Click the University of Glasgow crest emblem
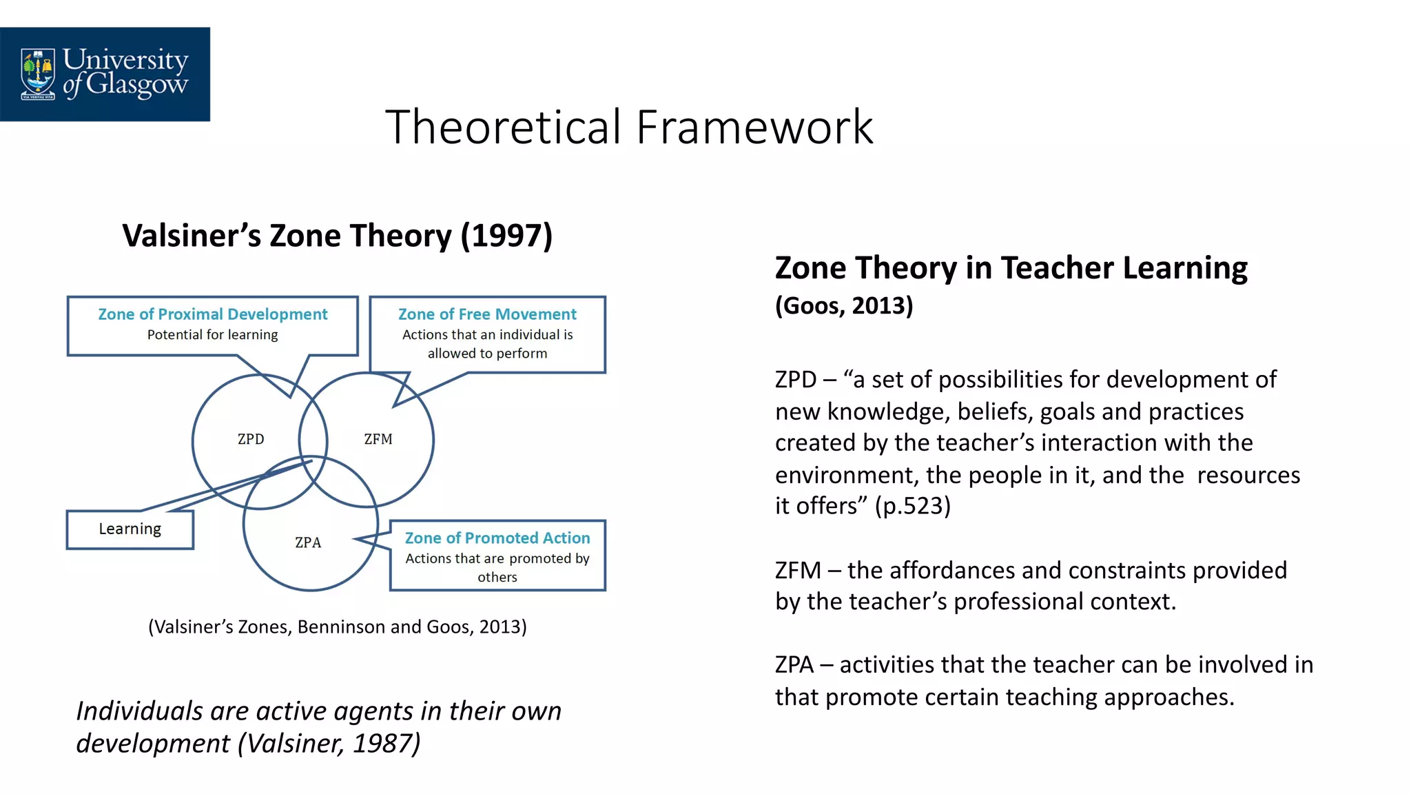(37, 73)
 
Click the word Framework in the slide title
(754, 128)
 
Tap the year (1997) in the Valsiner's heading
(506, 236)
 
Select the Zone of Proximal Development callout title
(212, 314)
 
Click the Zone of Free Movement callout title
(487, 314)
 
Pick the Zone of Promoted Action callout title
(497, 538)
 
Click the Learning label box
(130, 529)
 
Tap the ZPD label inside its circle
(251, 439)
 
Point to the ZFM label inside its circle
(378, 439)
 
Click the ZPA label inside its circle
(308, 542)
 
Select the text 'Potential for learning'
(212, 335)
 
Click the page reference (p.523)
(912, 506)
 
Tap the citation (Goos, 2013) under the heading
(844, 305)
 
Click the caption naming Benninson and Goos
(337, 627)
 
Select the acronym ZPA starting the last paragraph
(794, 664)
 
